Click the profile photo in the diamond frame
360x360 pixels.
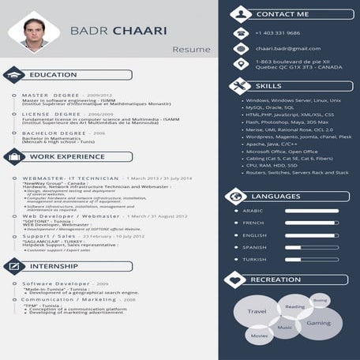[34, 34]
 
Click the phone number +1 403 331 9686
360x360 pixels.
[277, 33]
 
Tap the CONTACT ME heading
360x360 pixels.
[283, 14]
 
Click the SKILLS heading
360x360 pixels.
[268, 85]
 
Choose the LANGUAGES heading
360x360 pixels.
[276, 195]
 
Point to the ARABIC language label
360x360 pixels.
[253, 211]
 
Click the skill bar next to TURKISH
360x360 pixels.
[311, 259]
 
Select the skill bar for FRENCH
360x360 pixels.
[311, 223]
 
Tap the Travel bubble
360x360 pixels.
[257, 313]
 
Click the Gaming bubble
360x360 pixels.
[319, 323]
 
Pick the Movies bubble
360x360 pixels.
[259, 336]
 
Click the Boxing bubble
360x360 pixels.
[320, 301]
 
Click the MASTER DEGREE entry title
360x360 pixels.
[51, 95]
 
